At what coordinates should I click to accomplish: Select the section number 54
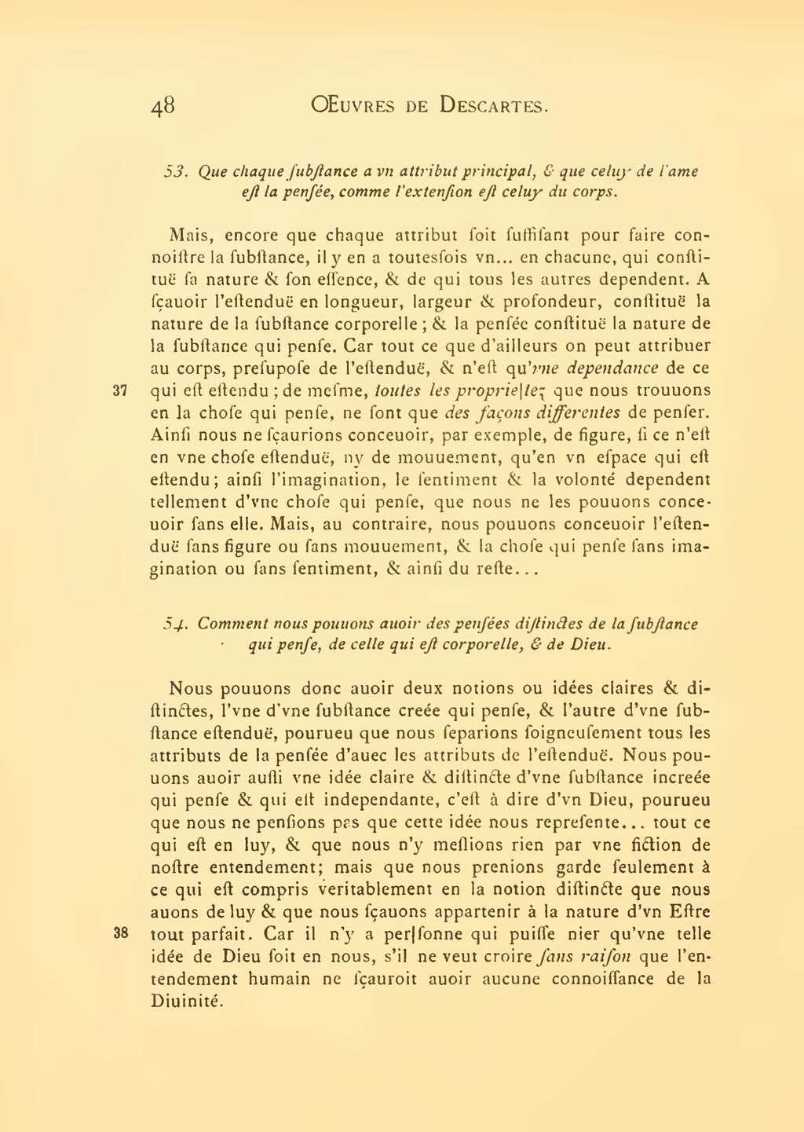click(x=174, y=625)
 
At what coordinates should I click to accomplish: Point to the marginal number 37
click(x=120, y=390)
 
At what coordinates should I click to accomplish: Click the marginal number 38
click(x=120, y=934)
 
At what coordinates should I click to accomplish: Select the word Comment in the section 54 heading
click(x=232, y=624)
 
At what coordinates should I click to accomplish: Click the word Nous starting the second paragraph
click(x=191, y=688)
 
